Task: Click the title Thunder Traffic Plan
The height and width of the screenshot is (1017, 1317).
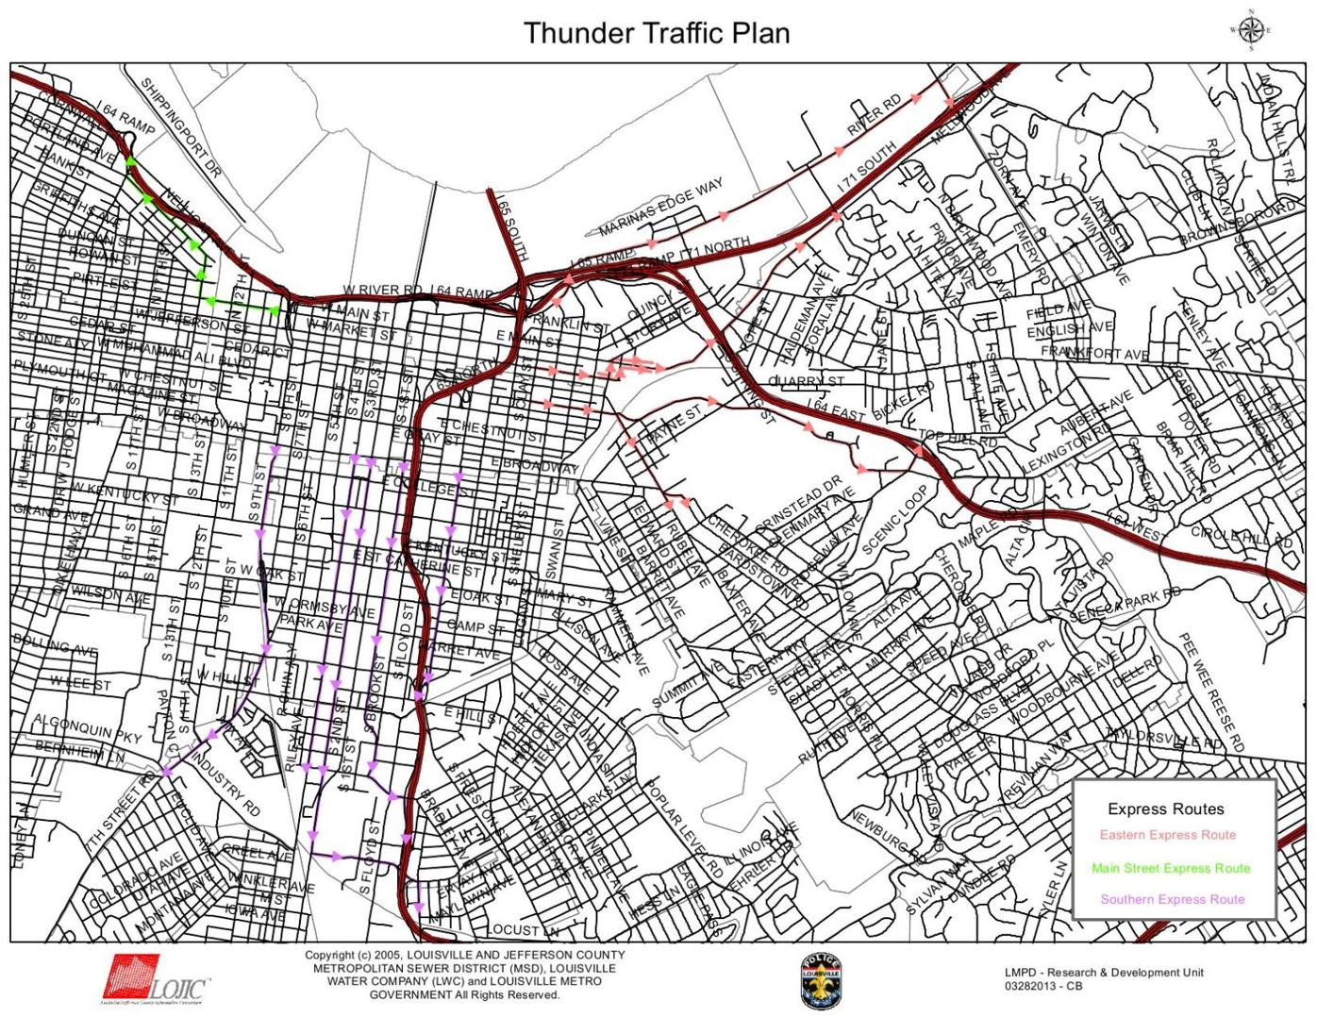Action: (657, 32)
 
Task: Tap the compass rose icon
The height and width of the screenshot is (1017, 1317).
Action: (1251, 29)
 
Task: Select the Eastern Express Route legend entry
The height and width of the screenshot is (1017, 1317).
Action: (1167, 835)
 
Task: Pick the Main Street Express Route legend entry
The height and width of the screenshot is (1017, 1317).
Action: (1170, 868)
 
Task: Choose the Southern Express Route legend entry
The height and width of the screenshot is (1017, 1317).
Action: (1172, 899)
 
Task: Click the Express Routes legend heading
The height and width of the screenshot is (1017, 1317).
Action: (1165, 809)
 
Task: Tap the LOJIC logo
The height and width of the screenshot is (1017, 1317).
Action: (156, 978)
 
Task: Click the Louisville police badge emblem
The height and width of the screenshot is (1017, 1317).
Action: (820, 981)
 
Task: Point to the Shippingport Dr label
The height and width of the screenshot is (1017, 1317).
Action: (181, 128)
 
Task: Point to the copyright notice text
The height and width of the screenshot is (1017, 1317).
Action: (464, 975)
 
